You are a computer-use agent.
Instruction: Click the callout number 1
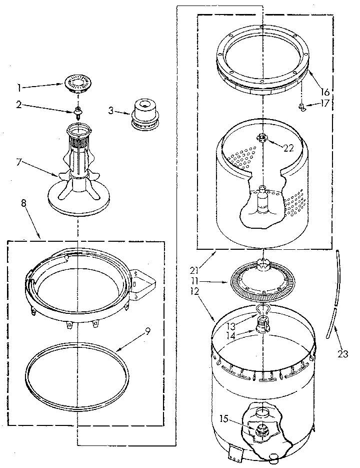click(x=19, y=88)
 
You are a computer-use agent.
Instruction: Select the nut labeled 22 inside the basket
click(x=261, y=137)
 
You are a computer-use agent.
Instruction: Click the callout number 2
click(x=19, y=105)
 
